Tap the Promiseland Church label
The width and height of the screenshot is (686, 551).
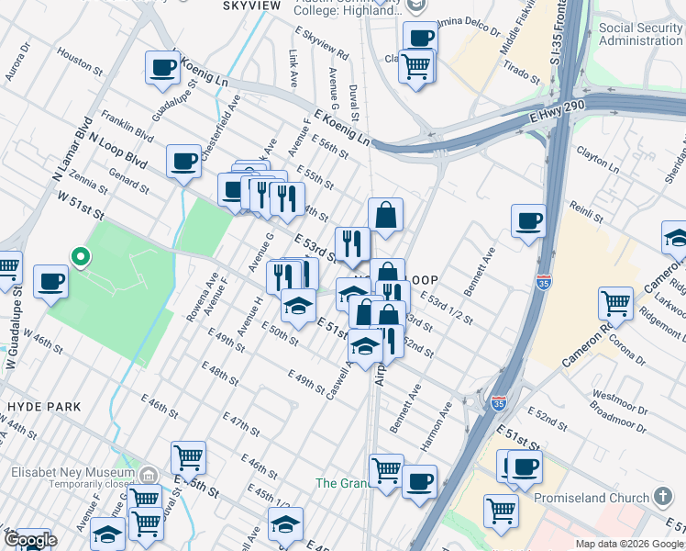coord(596,497)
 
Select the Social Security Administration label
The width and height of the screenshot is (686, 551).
coord(640,34)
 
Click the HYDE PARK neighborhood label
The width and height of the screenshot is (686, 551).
coord(42,406)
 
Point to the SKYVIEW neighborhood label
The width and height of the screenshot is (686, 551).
coord(251,6)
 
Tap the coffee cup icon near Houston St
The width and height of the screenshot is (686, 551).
coord(162,67)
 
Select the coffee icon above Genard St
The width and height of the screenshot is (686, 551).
coord(183,162)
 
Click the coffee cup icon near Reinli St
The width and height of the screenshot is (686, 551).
coord(528,221)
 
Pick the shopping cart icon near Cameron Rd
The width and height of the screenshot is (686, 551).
coord(615,303)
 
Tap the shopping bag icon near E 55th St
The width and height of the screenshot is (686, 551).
coord(386,215)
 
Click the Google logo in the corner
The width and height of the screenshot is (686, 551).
coord(29,540)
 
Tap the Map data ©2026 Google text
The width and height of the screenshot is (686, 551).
coord(629,544)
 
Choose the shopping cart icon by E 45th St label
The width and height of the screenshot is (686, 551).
coord(188,457)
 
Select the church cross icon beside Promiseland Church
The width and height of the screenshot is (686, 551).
coord(665,497)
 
